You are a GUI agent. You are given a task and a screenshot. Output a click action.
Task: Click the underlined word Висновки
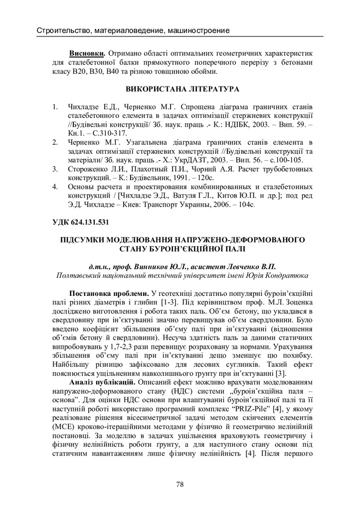[x=87, y=52]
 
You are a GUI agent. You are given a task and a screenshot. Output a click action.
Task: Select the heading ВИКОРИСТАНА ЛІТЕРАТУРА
[x=180, y=90]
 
